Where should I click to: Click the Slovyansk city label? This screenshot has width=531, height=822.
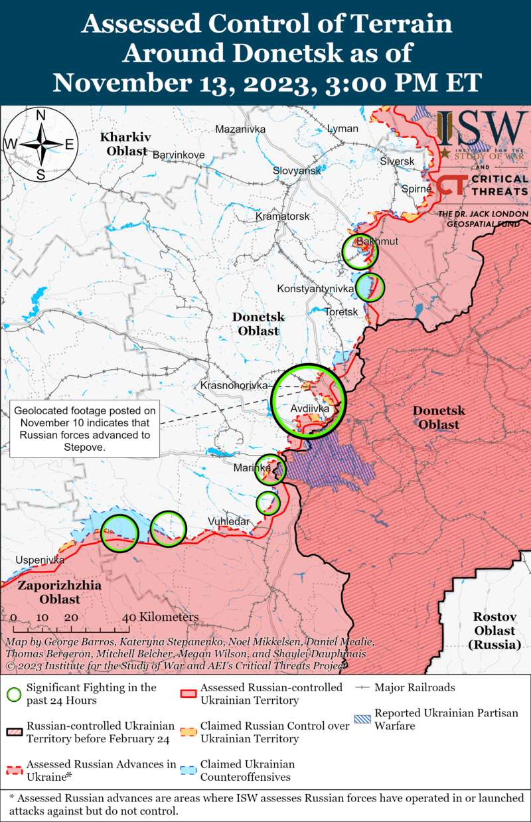point(297,171)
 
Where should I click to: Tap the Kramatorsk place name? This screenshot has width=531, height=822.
point(283,216)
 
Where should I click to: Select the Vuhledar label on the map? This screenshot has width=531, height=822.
point(228,521)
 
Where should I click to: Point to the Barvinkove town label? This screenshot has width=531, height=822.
point(179,155)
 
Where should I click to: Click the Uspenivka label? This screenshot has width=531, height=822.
point(40,560)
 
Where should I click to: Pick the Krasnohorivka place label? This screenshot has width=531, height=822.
point(234,385)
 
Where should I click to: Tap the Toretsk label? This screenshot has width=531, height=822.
point(341,311)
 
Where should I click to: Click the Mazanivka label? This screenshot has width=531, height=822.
point(240,129)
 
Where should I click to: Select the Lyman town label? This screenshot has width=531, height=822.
point(342,128)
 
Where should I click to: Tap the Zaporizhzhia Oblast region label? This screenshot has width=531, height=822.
point(50,592)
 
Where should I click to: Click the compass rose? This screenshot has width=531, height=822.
point(40,144)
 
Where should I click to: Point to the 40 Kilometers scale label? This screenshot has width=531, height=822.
point(161,617)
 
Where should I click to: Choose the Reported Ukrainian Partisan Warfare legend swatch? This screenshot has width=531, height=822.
point(362,719)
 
